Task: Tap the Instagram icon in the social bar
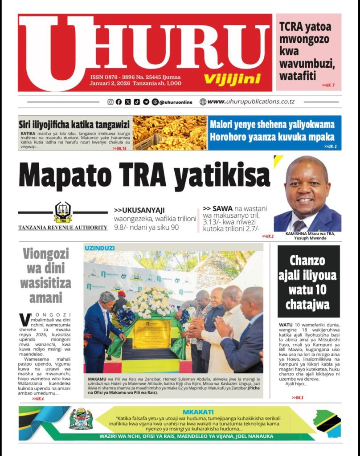(x=110, y=102)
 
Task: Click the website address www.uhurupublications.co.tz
(x=251, y=102)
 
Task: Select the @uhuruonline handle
(x=176, y=102)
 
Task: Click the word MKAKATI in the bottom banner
(x=198, y=412)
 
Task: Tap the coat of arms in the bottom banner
(x=80, y=420)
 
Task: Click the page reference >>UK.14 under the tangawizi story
(x=119, y=148)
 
